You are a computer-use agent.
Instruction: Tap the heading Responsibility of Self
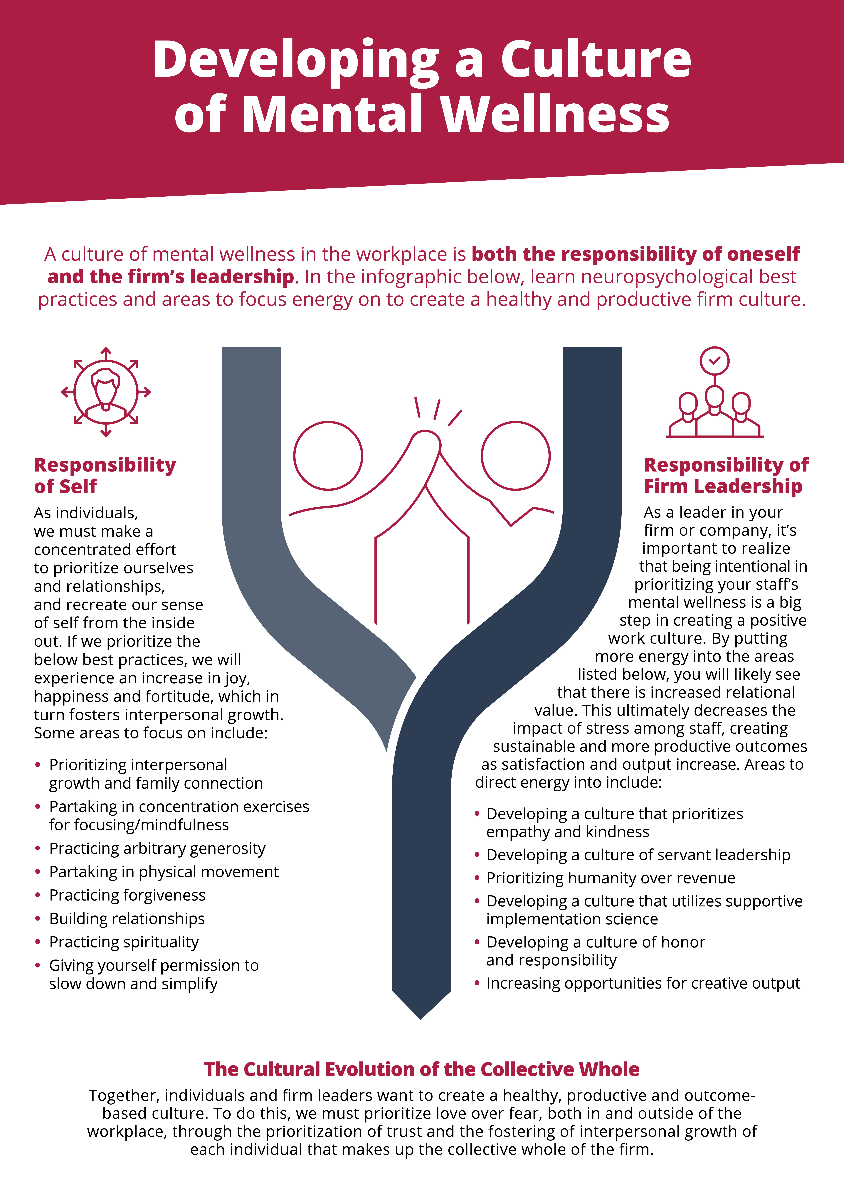coord(105,475)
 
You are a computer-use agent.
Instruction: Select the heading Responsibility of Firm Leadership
coord(726,475)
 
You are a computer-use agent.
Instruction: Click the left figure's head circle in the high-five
coord(328,422)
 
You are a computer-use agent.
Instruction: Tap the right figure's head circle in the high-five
coord(515,422)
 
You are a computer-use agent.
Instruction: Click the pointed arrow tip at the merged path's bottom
coord(421,1019)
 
